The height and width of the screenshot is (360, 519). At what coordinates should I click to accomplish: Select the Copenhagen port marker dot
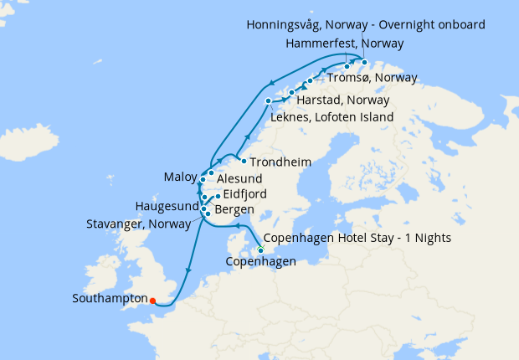click(x=260, y=250)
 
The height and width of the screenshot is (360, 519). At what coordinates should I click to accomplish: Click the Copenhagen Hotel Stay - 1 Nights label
click(x=357, y=238)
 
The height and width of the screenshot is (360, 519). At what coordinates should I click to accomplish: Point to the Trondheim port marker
click(x=243, y=161)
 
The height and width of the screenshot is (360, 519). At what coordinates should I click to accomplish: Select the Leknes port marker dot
click(x=269, y=101)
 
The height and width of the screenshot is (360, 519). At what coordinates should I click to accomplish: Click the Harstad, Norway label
click(x=344, y=100)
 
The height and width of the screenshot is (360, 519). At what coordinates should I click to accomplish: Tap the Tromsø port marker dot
click(x=310, y=80)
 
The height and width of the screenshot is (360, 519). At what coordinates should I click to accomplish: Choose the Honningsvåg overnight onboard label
click(x=376, y=24)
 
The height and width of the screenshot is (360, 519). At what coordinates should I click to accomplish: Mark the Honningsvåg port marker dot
click(x=364, y=61)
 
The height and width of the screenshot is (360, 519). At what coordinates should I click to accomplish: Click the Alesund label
click(x=239, y=179)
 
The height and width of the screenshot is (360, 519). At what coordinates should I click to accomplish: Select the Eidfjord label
click(x=244, y=194)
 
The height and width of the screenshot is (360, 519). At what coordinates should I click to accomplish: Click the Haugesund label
click(x=167, y=206)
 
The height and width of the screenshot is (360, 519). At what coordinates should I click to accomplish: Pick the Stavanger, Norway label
click(x=138, y=224)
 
